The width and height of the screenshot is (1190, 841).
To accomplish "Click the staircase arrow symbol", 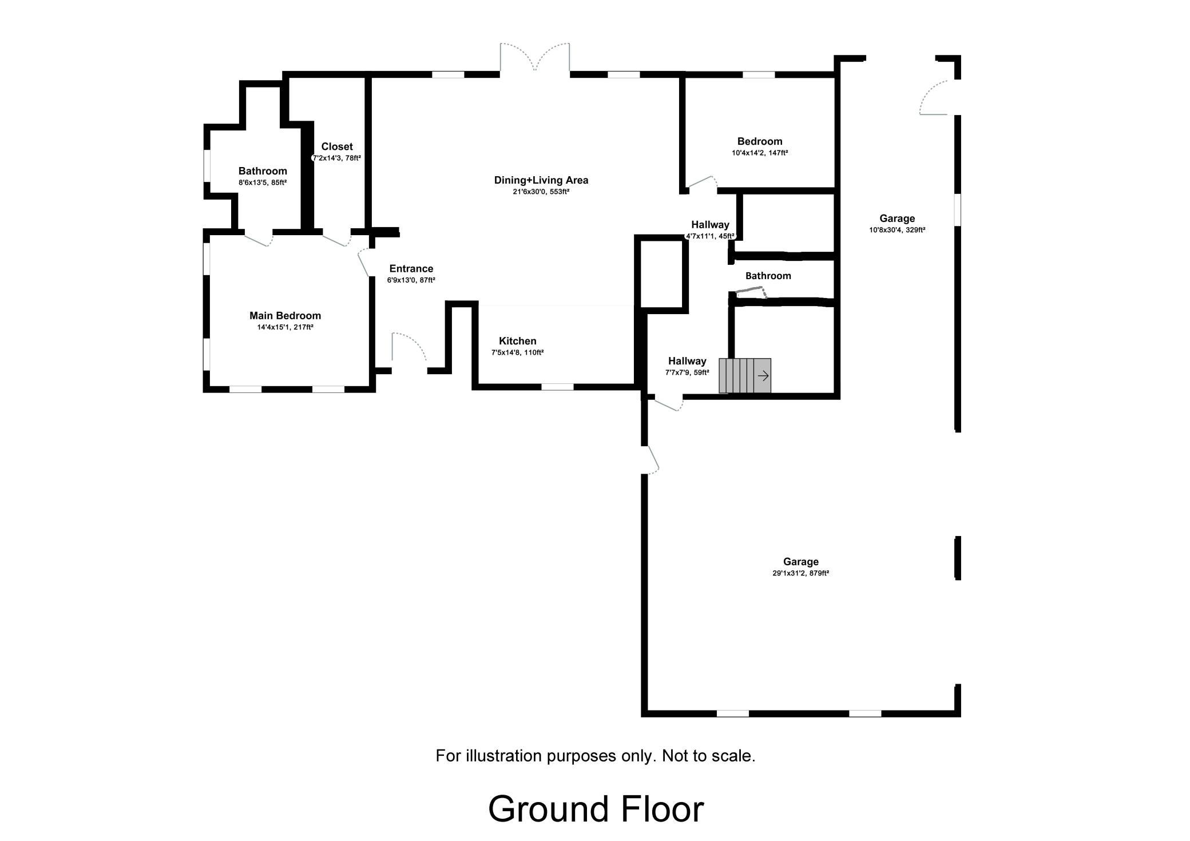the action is tap(763, 376).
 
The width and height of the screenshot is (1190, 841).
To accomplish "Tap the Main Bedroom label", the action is tap(285, 316).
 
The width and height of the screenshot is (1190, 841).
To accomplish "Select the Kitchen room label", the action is tap(518, 341).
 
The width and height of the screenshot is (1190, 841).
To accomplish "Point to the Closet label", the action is tap(337, 146).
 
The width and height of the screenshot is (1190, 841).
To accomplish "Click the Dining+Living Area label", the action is tap(541, 180).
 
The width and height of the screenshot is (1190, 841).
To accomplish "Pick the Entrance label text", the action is tap(411, 268).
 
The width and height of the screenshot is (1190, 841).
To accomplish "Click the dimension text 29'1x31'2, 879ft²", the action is tap(801, 573).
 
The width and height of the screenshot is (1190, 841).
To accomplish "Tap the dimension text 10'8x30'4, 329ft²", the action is tap(897, 230).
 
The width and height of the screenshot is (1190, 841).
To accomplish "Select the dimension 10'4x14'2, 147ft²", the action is tap(760, 153).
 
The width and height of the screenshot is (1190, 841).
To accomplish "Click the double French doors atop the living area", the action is tap(535, 58).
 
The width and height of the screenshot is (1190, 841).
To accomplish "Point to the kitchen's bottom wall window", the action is tap(558, 387).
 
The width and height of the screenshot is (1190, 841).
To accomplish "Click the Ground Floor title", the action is tap(596, 809).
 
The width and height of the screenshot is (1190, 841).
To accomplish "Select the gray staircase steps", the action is tap(745, 376).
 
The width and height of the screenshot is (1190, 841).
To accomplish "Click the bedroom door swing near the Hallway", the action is tap(702, 182).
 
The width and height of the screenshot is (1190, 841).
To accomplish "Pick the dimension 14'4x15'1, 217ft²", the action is tap(285, 327).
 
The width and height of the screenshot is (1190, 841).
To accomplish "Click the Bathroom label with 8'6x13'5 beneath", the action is tap(263, 171).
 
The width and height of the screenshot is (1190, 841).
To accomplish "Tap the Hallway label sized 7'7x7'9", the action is tap(687, 361).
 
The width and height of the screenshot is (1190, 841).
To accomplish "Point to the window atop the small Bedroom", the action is tap(759, 74).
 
